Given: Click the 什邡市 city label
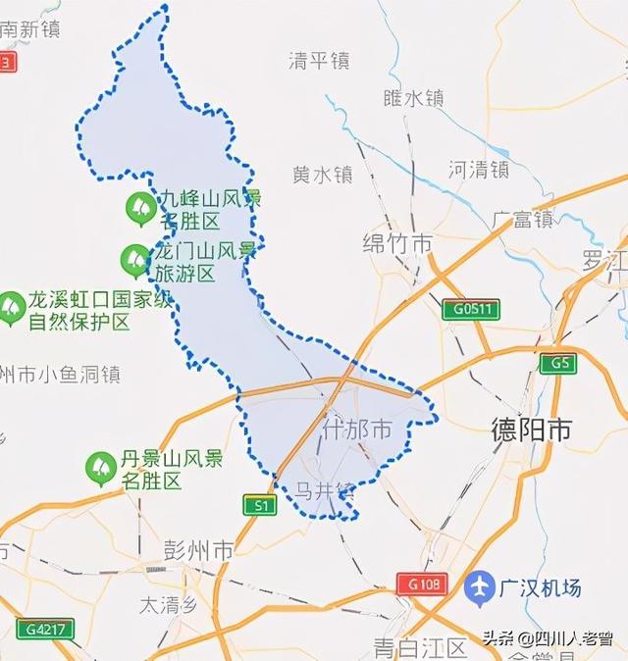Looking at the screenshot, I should pos(357,430).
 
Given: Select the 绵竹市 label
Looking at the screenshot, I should pos(397,243).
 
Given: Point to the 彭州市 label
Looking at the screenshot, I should pos(199,550).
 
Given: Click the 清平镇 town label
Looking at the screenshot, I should pos(319,61).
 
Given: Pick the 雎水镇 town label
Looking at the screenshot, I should pos(413,98).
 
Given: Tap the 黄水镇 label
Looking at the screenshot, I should pos(322,175).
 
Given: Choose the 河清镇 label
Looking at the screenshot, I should pos(478,169).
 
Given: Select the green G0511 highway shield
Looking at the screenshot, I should pos(471,310).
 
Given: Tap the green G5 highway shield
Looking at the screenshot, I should pos(560,364).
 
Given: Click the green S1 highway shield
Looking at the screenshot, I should pos(260,505).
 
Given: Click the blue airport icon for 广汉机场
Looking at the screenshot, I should pos(480,586).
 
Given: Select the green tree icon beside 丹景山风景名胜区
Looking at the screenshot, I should pos(101,468).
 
